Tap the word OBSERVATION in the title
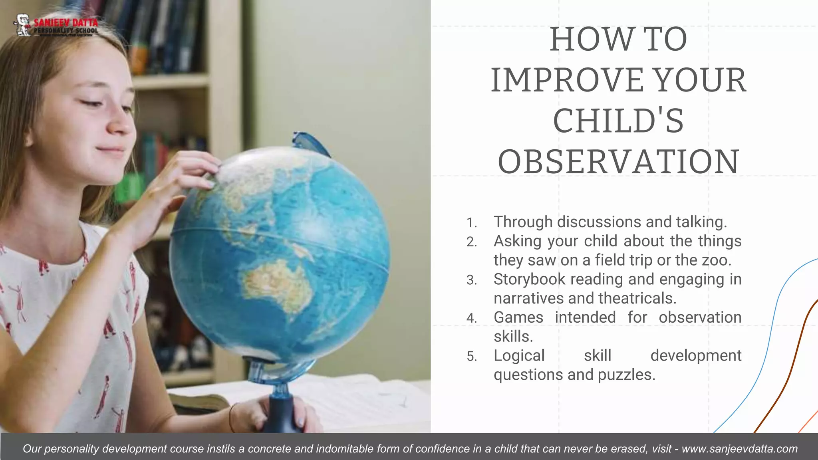click(x=618, y=162)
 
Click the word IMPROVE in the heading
click(x=567, y=80)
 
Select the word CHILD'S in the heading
click(x=618, y=121)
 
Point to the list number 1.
click(x=471, y=223)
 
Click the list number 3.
click(x=471, y=280)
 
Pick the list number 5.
click(x=471, y=357)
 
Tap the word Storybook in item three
click(x=529, y=280)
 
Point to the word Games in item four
click(x=518, y=317)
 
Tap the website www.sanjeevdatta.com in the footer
click(x=739, y=449)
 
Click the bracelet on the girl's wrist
click(x=232, y=417)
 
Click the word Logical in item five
click(x=519, y=356)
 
